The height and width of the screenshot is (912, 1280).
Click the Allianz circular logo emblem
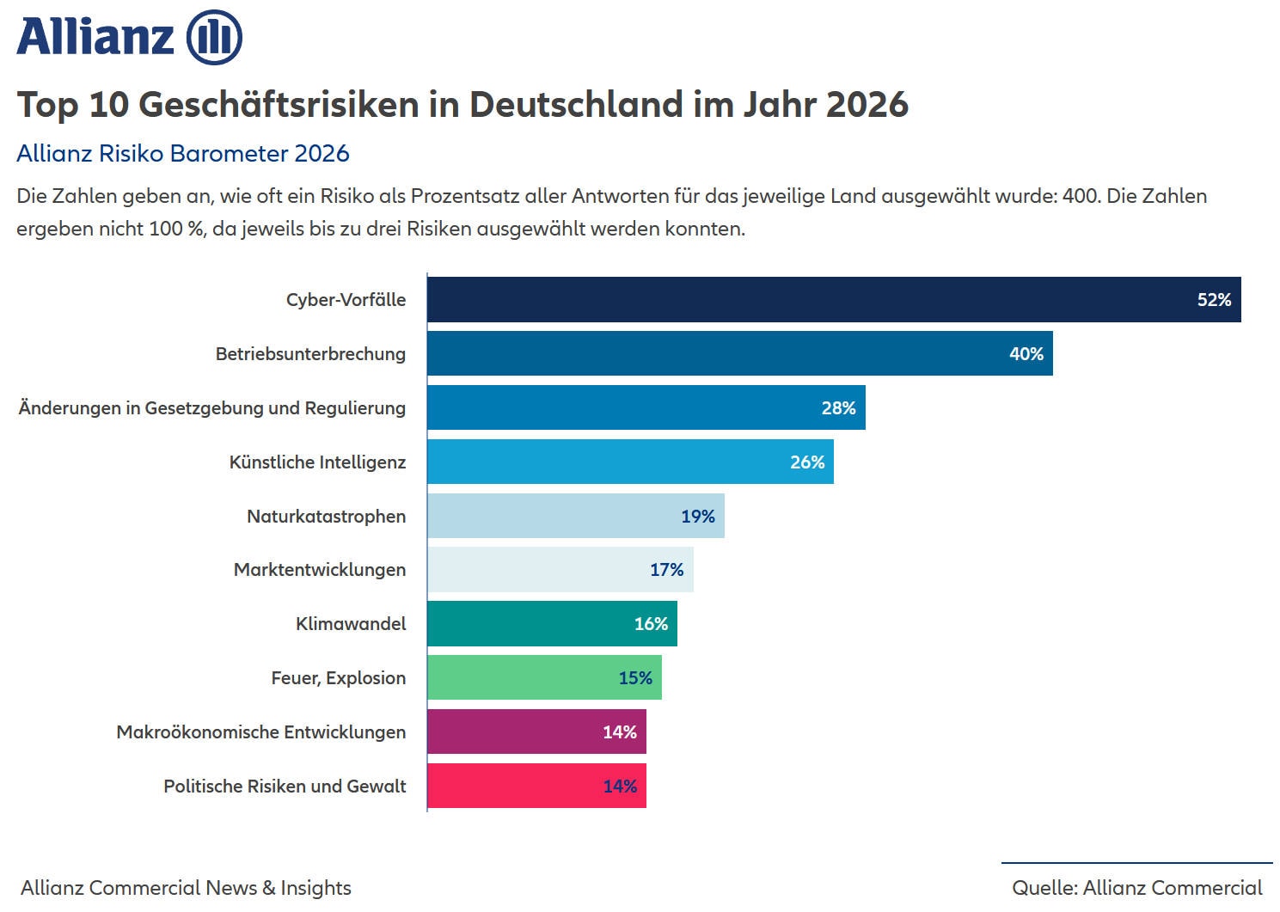point(214,37)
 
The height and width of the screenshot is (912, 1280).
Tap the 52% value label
point(1214,300)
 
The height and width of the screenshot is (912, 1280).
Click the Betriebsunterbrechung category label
point(310,354)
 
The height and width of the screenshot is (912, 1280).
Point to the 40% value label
point(1026,354)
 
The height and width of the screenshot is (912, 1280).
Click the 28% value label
point(838,408)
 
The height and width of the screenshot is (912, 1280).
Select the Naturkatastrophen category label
point(326,517)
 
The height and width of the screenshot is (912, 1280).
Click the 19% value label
point(697,517)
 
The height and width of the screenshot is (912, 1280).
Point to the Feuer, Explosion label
point(338,678)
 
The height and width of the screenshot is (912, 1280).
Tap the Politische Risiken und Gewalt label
point(285,787)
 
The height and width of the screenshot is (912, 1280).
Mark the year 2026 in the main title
point(867,105)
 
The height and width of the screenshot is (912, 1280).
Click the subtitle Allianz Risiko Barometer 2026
point(183,154)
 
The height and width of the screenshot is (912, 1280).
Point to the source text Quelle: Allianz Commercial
point(1136,888)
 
